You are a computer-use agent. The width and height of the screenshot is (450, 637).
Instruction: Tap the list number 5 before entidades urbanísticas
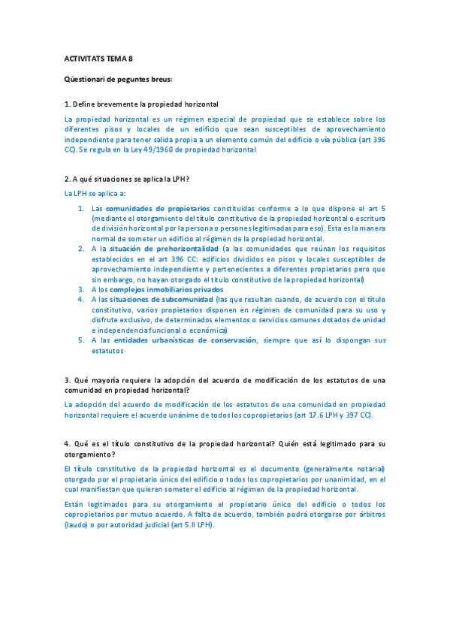coord(81,340)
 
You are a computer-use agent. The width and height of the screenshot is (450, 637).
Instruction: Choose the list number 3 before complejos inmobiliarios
coord(81,289)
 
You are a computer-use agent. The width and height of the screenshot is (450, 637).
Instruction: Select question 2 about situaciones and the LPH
coord(127,179)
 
